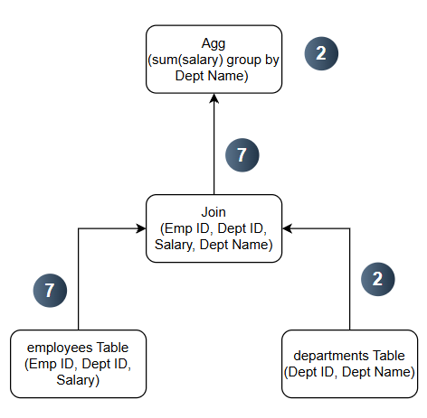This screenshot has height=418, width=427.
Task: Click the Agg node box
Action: click(x=213, y=60)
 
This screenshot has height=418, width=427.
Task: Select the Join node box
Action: click(x=213, y=228)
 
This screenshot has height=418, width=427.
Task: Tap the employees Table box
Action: click(x=78, y=364)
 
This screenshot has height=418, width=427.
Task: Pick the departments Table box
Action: click(x=350, y=364)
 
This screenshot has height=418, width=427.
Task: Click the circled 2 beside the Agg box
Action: click(x=321, y=53)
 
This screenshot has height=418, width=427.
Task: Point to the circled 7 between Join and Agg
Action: click(x=242, y=155)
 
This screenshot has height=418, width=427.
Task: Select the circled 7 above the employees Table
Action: click(x=50, y=291)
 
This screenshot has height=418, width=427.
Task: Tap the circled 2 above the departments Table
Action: click(x=378, y=279)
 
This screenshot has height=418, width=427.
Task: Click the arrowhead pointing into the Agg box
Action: click(x=214, y=98)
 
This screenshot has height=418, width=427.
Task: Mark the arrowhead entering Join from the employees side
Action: click(x=141, y=228)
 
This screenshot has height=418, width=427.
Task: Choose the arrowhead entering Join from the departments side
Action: click(x=287, y=228)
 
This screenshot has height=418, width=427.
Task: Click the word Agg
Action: click(x=213, y=44)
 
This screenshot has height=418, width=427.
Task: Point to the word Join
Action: click(x=213, y=212)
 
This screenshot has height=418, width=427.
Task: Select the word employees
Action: click(x=55, y=348)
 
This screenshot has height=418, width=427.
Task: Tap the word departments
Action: click(x=329, y=356)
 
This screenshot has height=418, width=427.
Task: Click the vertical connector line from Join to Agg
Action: click(x=214, y=144)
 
